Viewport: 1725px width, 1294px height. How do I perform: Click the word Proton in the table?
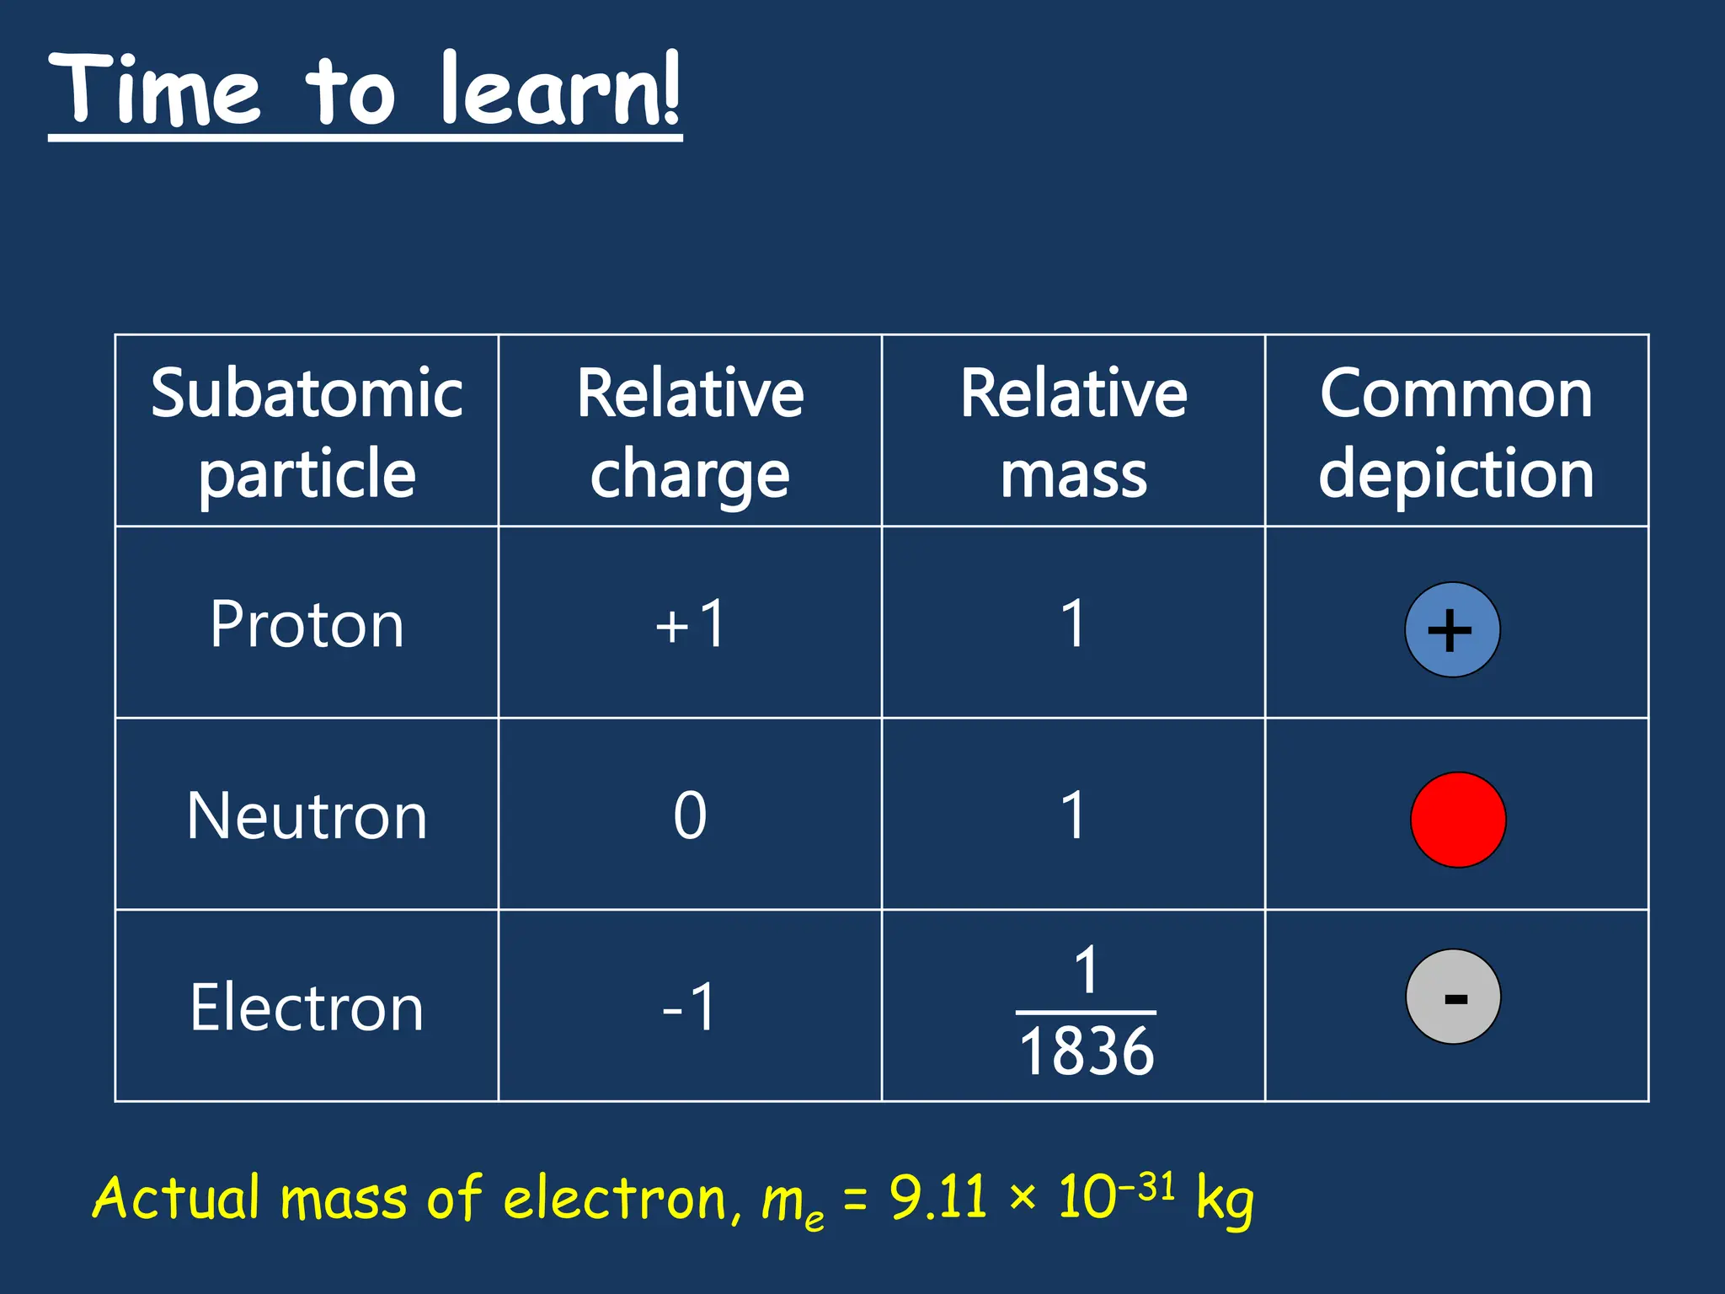[x=307, y=624]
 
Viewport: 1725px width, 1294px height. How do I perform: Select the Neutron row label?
[x=307, y=815]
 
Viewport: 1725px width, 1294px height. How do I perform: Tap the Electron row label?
[x=307, y=1008]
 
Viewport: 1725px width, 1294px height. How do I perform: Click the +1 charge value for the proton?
[x=690, y=624]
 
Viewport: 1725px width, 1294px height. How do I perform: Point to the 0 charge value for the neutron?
[x=690, y=815]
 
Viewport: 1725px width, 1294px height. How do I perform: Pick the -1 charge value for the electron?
[x=690, y=1008]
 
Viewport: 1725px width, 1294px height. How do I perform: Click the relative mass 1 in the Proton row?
[x=1073, y=624]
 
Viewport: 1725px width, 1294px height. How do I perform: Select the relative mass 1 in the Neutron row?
[x=1073, y=815]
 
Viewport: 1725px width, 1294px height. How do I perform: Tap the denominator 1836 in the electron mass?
[x=1087, y=1051]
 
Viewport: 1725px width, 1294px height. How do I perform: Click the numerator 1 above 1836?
[x=1087, y=970]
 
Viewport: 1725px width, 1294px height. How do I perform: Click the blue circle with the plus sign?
[x=1452, y=630]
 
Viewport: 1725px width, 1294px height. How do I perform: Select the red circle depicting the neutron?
[x=1458, y=820]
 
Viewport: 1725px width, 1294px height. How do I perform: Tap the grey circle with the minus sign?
[x=1453, y=997]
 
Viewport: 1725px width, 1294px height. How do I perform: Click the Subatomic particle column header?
[x=307, y=432]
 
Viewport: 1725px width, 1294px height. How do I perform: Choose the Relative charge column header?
[x=690, y=432]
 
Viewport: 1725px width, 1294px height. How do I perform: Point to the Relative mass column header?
[x=1073, y=432]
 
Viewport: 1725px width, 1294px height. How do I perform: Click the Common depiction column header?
[x=1456, y=432]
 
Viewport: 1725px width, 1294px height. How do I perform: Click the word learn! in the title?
[x=559, y=89]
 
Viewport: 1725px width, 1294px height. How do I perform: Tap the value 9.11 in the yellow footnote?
[x=937, y=1197]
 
